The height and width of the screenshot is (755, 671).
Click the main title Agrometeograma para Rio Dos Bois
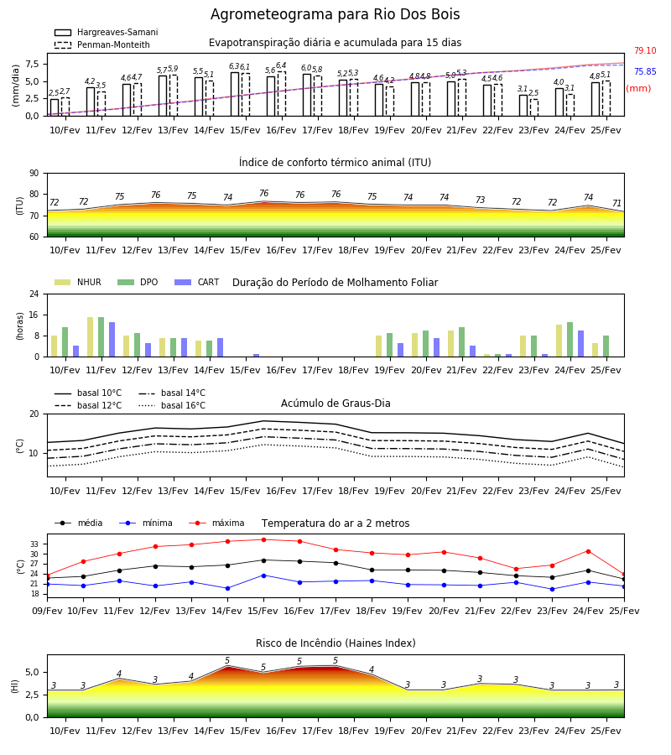coord(335,14)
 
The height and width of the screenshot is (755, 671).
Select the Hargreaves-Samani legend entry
coord(107,32)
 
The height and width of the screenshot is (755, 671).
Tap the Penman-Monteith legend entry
coord(102,44)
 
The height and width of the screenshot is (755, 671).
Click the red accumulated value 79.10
coord(645,50)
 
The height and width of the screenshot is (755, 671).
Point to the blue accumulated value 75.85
coord(645,72)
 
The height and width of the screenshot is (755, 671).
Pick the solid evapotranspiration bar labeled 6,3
coord(235,94)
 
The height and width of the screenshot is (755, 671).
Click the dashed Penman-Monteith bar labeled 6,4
coord(282,94)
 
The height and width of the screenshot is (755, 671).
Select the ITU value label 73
coord(480,200)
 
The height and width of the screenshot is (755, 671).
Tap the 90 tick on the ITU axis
coord(34,174)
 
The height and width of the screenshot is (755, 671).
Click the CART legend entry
coord(197,282)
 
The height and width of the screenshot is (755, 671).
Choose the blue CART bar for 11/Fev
coord(112,340)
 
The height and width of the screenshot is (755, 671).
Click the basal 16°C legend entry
coord(172,405)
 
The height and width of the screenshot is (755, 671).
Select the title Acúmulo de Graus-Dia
coord(335,403)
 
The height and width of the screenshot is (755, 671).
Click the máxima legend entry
coord(216,523)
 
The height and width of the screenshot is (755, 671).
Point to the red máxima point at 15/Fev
coord(263,539)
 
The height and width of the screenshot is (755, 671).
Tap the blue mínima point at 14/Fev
coord(227,588)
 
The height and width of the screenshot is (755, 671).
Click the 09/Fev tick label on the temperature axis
coord(47,611)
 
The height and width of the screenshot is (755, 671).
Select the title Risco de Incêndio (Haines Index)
coord(335,643)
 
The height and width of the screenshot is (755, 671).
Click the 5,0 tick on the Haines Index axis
coord(31,672)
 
